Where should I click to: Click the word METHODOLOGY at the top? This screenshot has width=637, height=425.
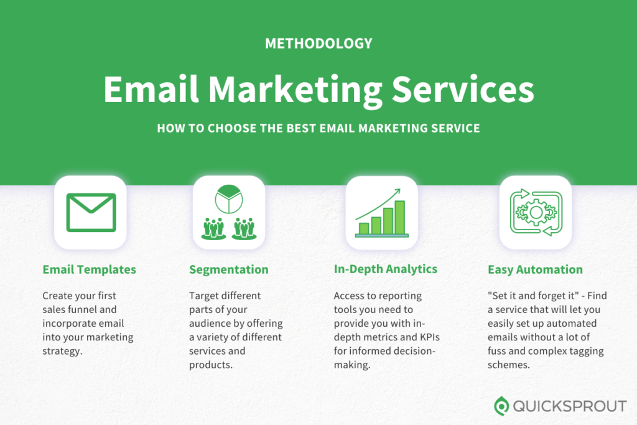[318, 44]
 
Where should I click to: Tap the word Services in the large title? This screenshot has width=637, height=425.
[463, 89]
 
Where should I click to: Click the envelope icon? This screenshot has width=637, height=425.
[91, 213]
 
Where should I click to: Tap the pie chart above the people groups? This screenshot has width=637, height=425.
[229, 199]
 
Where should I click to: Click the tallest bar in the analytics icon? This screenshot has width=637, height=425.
[400, 217]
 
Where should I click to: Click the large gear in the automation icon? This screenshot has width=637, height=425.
[536, 212]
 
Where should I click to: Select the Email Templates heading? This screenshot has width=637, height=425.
[90, 269]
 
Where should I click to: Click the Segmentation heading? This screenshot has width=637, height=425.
[229, 270]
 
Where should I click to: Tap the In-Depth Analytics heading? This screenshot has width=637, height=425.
[386, 269]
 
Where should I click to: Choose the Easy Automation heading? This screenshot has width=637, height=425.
[535, 270]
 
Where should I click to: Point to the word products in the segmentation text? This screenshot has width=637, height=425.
[211, 365]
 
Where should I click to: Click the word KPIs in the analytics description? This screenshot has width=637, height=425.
[430, 337]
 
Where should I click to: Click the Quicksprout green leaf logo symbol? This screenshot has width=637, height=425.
[501, 406]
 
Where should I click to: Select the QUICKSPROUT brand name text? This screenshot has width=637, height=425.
[570, 406]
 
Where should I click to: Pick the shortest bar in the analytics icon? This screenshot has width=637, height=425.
[364, 229]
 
